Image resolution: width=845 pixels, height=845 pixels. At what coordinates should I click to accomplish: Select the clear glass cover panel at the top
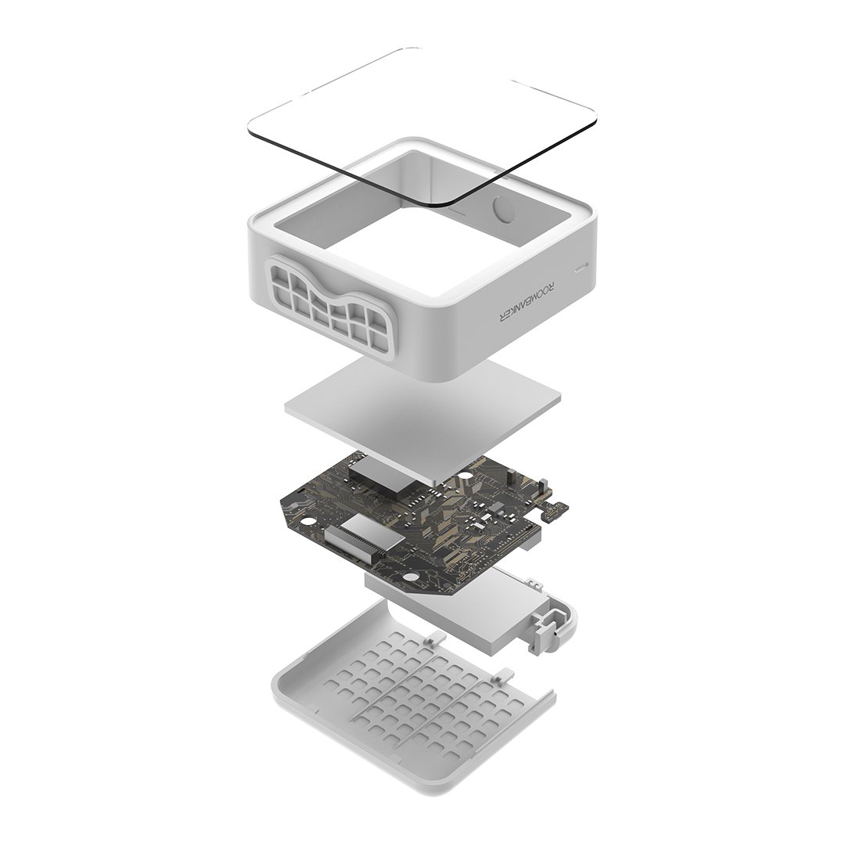[422, 126]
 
